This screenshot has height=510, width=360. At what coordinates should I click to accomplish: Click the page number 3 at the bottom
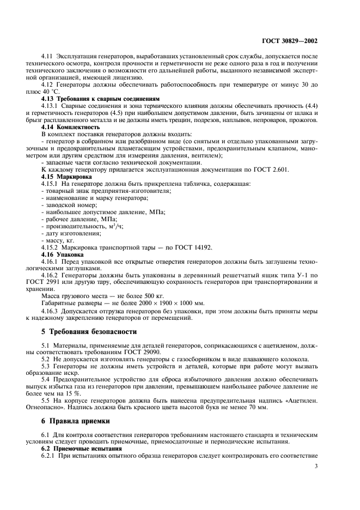point(317,465)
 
